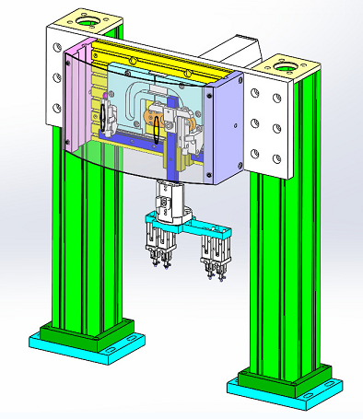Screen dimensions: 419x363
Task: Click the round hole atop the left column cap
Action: (x=90, y=19)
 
